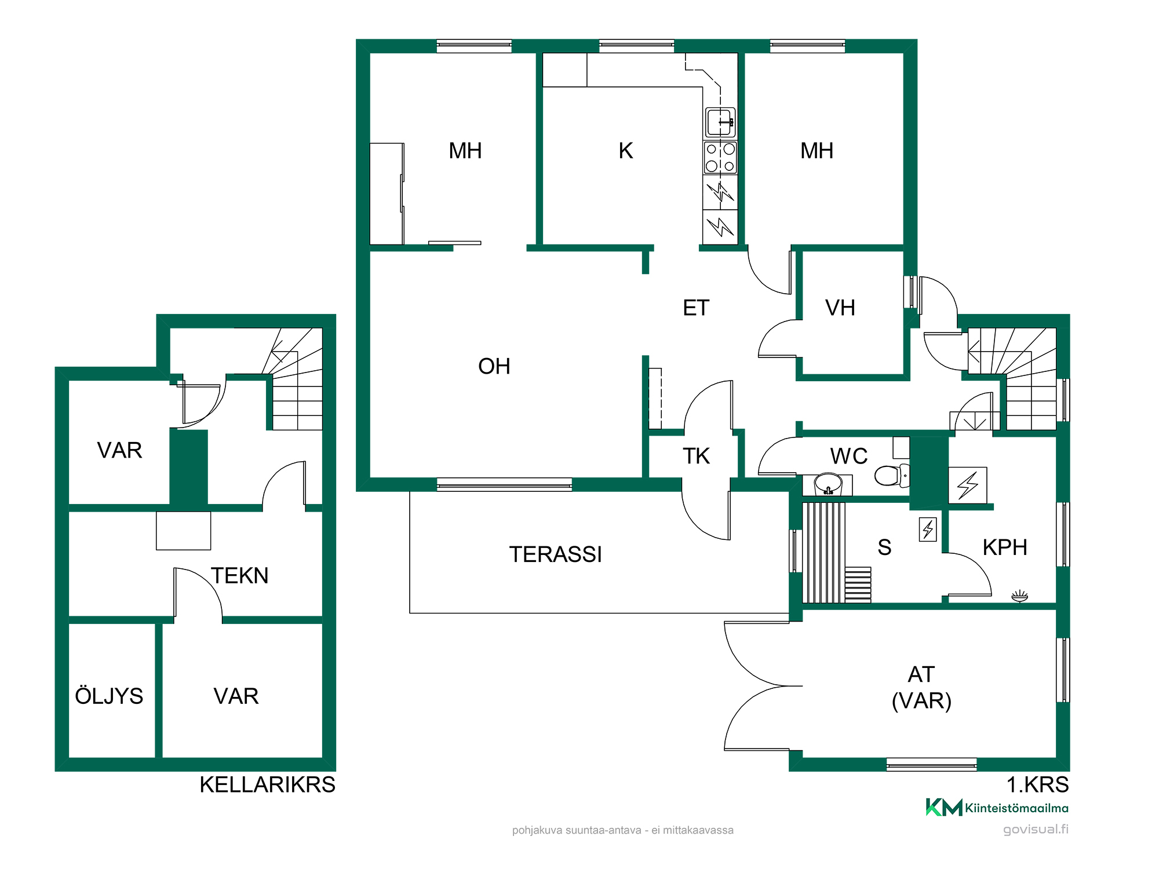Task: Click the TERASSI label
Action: (x=555, y=554)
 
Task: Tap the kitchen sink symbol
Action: (x=720, y=122)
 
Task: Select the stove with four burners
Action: (x=720, y=158)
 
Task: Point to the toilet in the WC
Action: (x=892, y=476)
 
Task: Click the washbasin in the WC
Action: (x=828, y=484)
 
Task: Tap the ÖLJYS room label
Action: (x=109, y=695)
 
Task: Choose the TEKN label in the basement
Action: (x=239, y=575)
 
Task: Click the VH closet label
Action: (x=840, y=308)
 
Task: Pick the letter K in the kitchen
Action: (x=626, y=151)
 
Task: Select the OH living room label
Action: (x=494, y=366)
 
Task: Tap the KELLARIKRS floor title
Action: (x=267, y=784)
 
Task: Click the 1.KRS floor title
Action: (x=1037, y=784)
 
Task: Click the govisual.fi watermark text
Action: (x=1036, y=829)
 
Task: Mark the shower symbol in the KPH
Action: (x=1019, y=596)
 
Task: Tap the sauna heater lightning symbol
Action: (x=928, y=529)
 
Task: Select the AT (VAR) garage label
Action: (x=921, y=688)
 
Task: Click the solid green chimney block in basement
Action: (x=188, y=467)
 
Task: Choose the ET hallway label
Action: (x=696, y=308)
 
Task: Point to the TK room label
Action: (x=696, y=456)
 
